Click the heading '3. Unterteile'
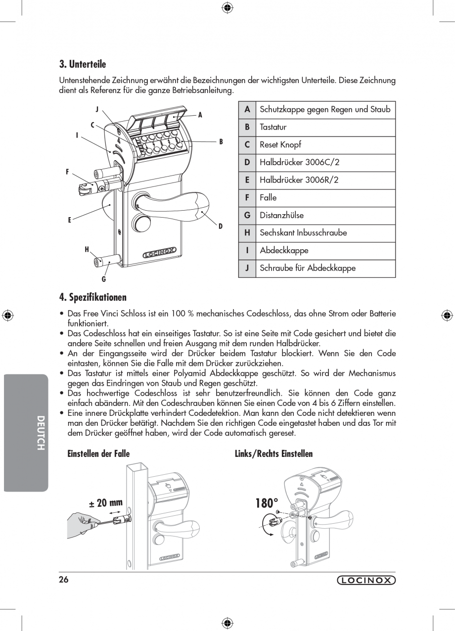click(83, 64)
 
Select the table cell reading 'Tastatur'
click(273, 127)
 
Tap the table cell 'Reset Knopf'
click(280, 145)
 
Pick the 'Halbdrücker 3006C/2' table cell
click(299, 162)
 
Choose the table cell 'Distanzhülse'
click(281, 215)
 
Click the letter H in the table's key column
click(247, 233)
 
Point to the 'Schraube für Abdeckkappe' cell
click(307, 268)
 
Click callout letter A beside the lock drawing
click(200, 115)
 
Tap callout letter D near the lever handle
click(221, 226)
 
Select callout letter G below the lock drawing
click(104, 279)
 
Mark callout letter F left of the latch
click(67, 172)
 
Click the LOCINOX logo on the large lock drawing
click(159, 255)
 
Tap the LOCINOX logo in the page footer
click(366, 581)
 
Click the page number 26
click(64, 580)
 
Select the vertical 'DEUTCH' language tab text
click(41, 433)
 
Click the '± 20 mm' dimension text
click(106, 503)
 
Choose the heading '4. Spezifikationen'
click(93, 297)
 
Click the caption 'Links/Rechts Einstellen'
click(273, 454)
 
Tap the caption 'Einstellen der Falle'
click(98, 454)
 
